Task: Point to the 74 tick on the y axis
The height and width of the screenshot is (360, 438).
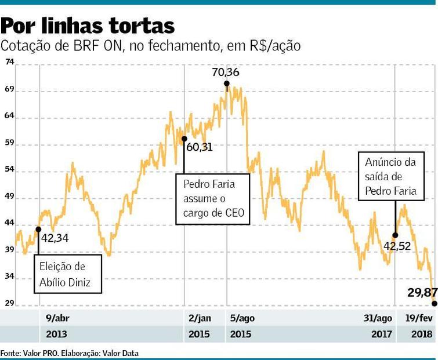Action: tap(9, 62)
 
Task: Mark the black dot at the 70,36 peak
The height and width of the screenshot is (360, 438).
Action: tap(226, 84)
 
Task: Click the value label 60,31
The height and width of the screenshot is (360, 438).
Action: tap(200, 147)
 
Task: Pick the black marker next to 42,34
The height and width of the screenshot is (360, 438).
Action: tap(38, 229)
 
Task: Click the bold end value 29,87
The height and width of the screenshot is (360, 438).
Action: tap(421, 292)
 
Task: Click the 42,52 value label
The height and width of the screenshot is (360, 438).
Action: tap(397, 245)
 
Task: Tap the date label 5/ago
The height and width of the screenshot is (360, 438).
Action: tap(242, 318)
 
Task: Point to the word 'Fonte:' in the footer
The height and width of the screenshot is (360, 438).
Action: tap(10, 352)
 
